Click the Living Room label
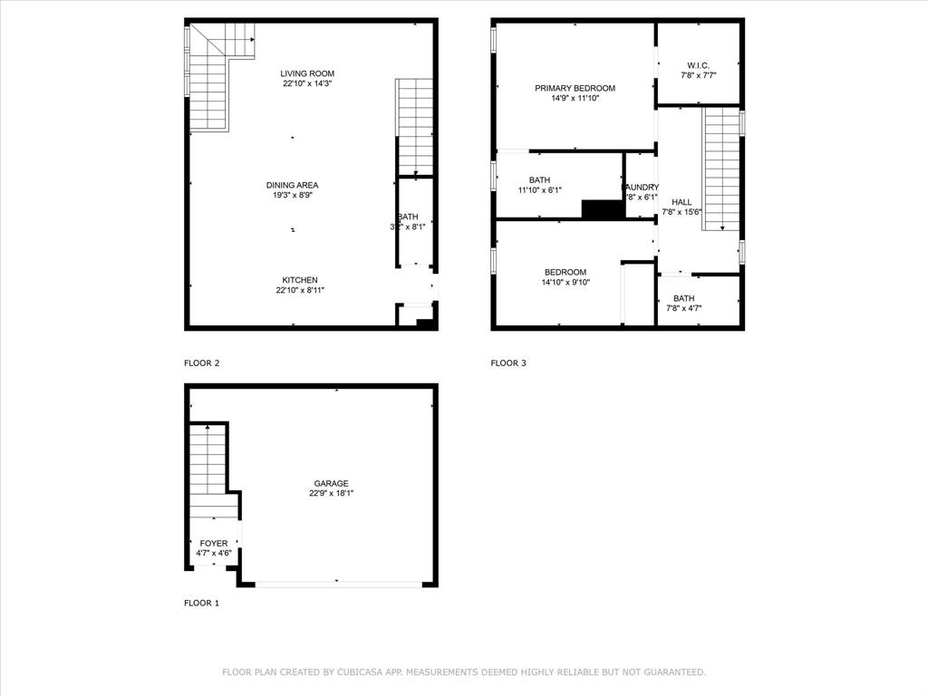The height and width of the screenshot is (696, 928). pos(307,73)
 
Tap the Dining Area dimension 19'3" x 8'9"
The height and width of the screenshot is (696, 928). pos(292,195)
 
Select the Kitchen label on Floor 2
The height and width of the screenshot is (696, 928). pos(299,280)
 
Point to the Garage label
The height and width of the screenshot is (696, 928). pos(331,483)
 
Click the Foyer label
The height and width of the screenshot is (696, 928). pos(214,543)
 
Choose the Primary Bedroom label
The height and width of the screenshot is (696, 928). pos(575,88)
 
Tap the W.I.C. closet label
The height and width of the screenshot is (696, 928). pos(698,65)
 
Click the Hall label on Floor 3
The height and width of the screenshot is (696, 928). pos(681,201)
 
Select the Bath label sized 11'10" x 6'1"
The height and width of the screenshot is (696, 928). pos(539,180)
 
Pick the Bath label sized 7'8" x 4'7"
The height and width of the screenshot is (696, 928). pos(683,298)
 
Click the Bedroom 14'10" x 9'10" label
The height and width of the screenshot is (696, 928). pos(565,272)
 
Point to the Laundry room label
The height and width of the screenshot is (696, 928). pos(641,187)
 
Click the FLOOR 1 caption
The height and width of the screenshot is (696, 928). pos(201,603)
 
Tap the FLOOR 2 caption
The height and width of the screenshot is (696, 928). pos(201,362)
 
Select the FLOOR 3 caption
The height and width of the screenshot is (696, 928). pos(508,362)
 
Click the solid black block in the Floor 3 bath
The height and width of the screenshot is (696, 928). pos(603,209)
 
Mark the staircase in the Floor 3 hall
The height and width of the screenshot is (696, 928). pos(721,168)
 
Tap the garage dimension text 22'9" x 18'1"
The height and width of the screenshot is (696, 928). pos(331,494)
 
